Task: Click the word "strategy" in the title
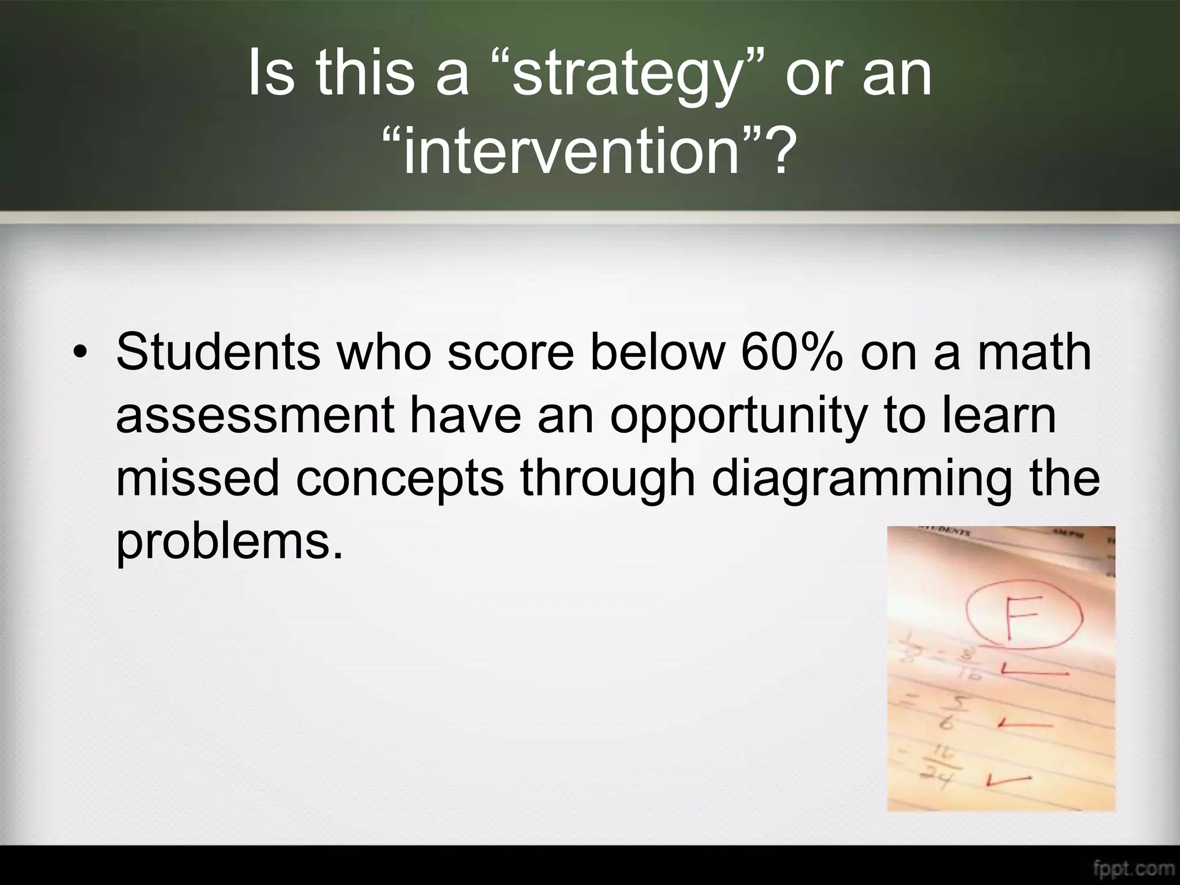click(x=625, y=75)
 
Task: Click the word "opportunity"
click(x=737, y=416)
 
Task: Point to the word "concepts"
click(x=399, y=479)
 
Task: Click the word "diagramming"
click(x=861, y=480)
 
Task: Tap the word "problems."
click(x=229, y=543)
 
